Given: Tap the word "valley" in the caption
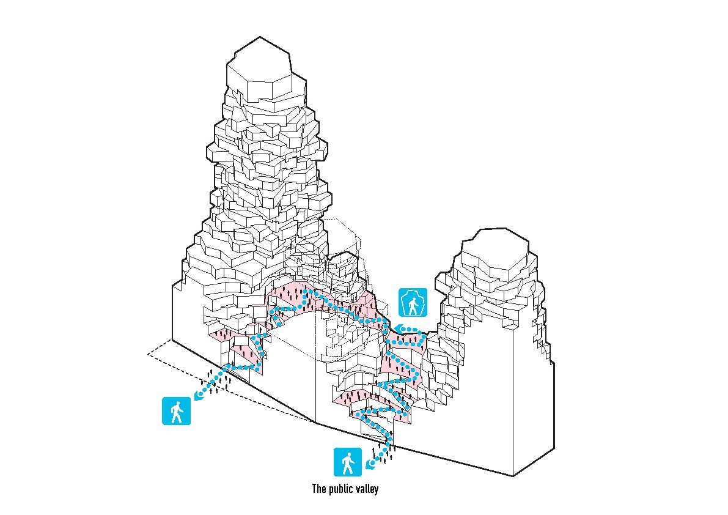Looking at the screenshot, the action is tap(367, 489).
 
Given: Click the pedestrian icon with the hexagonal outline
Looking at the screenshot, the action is tap(413, 303).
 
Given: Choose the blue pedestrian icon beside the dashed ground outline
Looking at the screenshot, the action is tap(177, 411).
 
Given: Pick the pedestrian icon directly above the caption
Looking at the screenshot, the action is tap(348, 462).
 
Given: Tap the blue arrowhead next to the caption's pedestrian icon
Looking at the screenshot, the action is tap(370, 464).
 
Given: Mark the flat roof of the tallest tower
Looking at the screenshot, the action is tap(260, 61).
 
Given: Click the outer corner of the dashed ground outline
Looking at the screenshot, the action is tap(148, 354).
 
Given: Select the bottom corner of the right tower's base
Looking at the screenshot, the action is tap(513, 476).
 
